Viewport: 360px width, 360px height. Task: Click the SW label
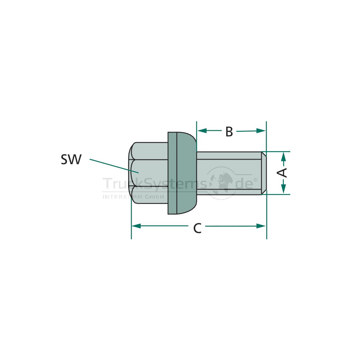pyautogui.click(x=71, y=159)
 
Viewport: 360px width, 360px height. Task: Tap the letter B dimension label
pyautogui.click(x=229, y=131)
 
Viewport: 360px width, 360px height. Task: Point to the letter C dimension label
pyautogui.click(x=197, y=228)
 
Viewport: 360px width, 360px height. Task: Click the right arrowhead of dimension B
pyautogui.click(x=261, y=131)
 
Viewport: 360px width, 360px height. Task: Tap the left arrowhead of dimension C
pyautogui.click(x=136, y=226)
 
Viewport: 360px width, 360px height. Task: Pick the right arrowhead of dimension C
pyautogui.click(x=261, y=226)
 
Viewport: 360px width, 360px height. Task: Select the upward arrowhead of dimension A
pyautogui.click(x=283, y=157)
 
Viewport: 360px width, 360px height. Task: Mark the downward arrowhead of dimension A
pyautogui.click(x=283, y=189)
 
